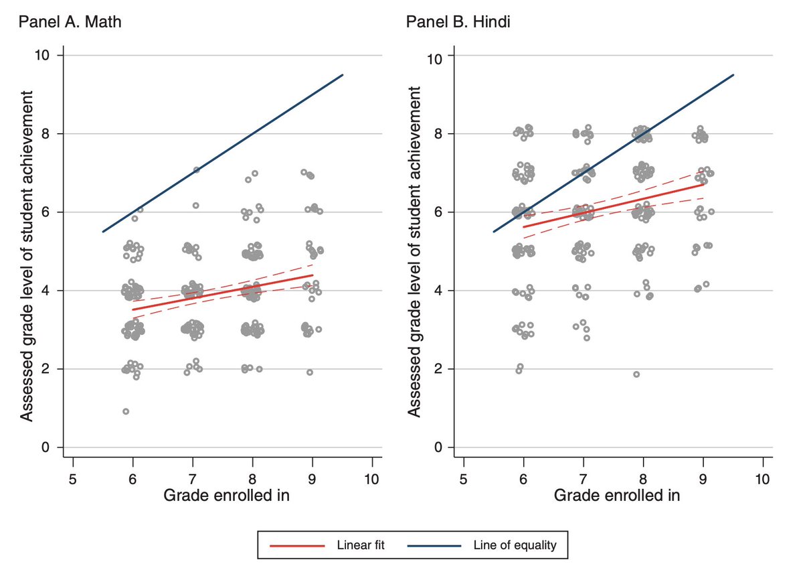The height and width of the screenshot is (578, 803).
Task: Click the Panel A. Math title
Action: [70, 21]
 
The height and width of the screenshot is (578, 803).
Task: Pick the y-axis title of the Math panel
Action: [27, 250]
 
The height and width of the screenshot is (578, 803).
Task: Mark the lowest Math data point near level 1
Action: [126, 411]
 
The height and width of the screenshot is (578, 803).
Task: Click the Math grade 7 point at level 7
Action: [197, 170]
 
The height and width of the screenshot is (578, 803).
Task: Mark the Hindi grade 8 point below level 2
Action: [636, 374]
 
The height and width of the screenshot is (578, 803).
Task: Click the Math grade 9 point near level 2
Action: [310, 372]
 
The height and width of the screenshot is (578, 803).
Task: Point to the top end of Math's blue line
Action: [343, 75]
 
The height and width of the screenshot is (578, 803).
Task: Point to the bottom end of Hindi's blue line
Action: [494, 232]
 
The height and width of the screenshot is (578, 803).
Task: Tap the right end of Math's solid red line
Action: [313, 275]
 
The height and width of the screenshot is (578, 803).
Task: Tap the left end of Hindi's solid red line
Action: [523, 227]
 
